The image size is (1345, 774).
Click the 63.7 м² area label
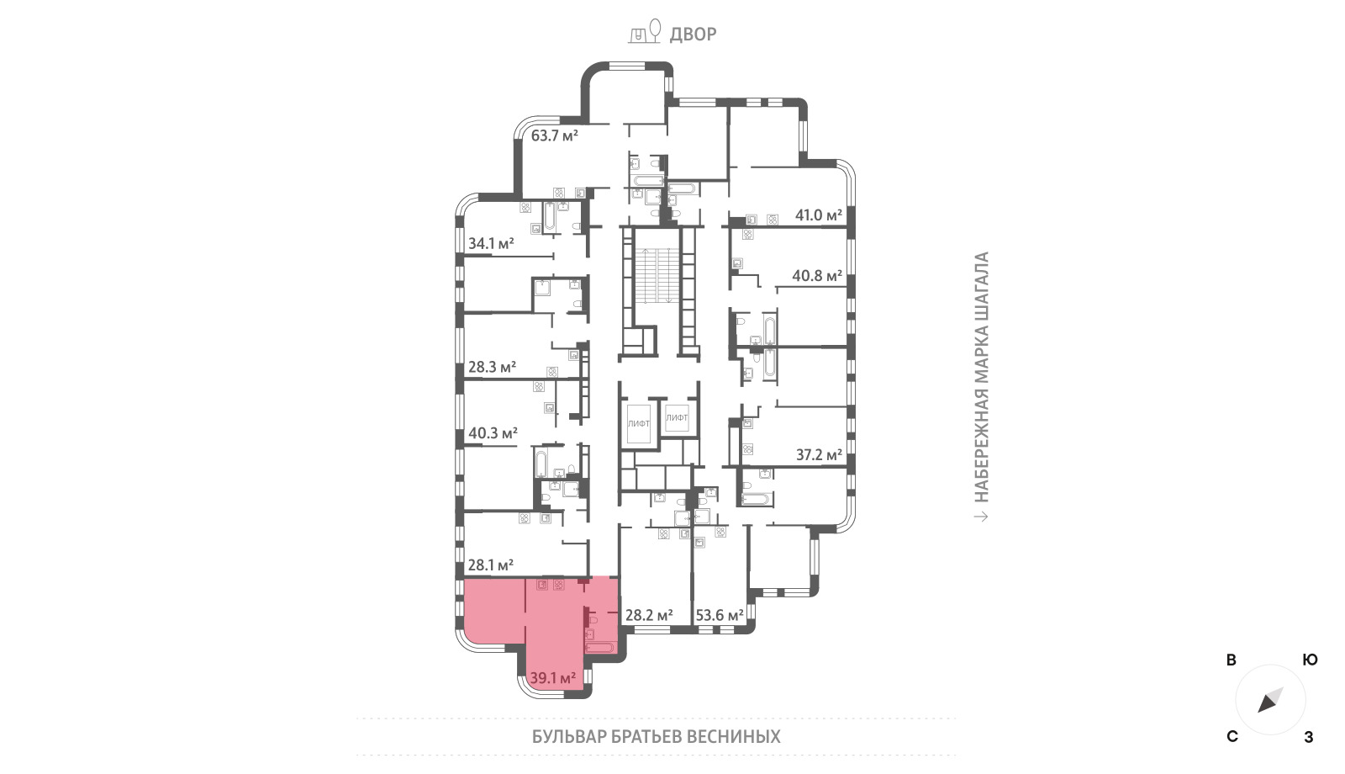pos(554,135)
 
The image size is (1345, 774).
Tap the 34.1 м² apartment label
pos(491,243)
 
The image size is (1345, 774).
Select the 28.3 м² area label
pos(492,367)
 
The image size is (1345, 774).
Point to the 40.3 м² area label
pos(493,432)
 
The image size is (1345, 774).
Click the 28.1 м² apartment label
pos(491,565)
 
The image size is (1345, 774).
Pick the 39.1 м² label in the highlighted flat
pos(553,678)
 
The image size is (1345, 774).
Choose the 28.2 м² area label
pos(649,615)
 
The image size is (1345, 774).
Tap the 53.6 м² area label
pos(720,615)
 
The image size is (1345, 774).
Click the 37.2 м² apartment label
pos(819,455)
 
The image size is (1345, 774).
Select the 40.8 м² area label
pos(817,276)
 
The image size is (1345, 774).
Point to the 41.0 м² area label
pos(819,215)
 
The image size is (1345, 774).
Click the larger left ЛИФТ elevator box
pos(638,423)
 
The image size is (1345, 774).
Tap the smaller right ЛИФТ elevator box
pos(677,417)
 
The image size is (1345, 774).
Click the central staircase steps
pos(658,276)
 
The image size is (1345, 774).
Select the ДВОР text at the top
pos(693,34)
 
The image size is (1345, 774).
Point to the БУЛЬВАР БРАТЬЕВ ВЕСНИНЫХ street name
pos(657,737)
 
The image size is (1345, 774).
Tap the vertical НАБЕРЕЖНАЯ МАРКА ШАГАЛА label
pos(981,377)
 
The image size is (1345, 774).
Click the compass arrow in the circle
pos(1270,701)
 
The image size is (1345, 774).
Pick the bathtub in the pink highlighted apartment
pos(600,648)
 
